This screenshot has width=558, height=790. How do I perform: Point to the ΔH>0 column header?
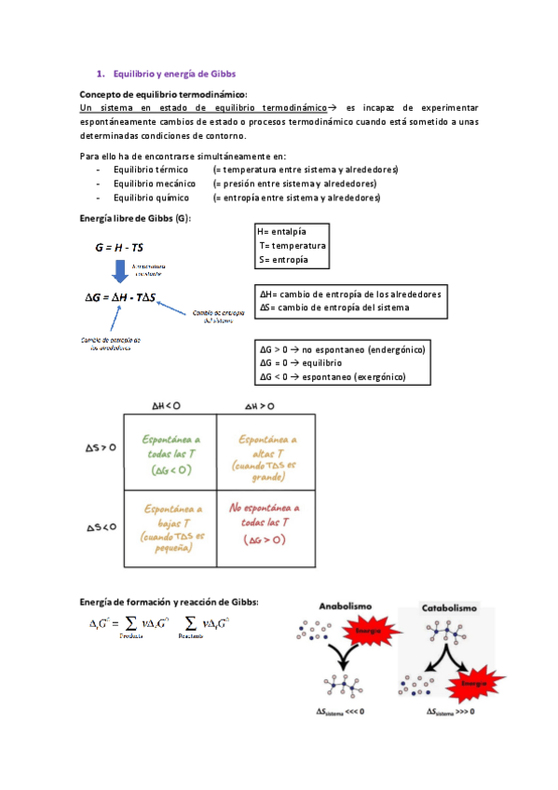click(x=260, y=406)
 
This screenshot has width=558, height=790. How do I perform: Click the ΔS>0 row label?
click(x=95, y=448)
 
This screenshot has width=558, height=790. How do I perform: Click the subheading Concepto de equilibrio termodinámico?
click(x=163, y=95)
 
